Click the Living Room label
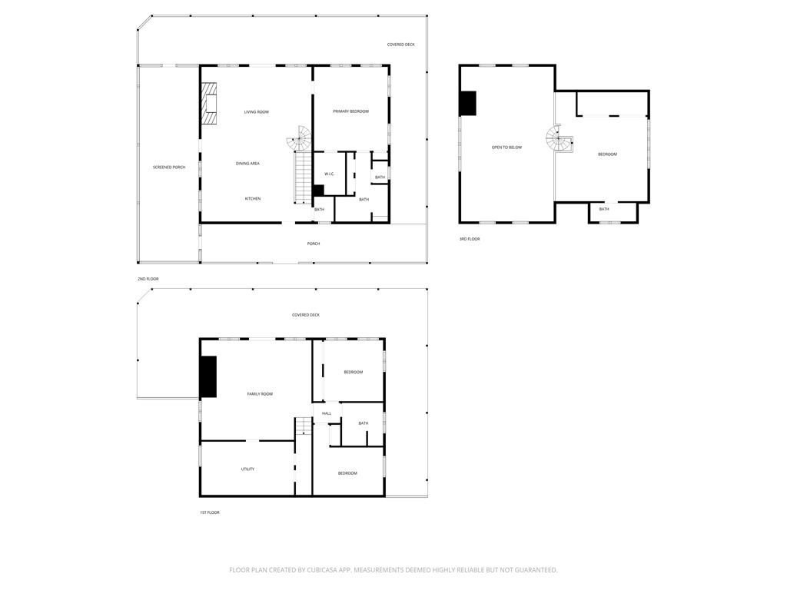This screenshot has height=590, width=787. tap(256, 112)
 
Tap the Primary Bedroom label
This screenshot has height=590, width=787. tap(350, 111)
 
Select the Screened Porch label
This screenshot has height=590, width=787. tap(168, 167)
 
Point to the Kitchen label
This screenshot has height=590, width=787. tap(253, 199)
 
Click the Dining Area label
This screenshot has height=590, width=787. tap(247, 164)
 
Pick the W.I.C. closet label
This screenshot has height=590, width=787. tap(329, 174)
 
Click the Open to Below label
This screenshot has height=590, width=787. tap(506, 147)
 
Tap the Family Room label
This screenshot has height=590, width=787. tap(260, 394)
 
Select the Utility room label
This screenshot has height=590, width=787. tap(247, 469)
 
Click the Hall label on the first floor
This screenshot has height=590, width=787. tap(327, 413)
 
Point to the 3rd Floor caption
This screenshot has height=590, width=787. tap(470, 239)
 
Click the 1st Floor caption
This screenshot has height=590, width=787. tap(209, 512)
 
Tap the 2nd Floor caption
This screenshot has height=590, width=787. tap(148, 279)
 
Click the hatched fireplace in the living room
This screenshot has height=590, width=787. tap(209, 103)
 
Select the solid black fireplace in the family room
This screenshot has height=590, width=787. tap(208, 376)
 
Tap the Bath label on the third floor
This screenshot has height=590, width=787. tap(604, 209)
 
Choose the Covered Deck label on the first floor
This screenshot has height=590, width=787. tap(305, 315)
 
